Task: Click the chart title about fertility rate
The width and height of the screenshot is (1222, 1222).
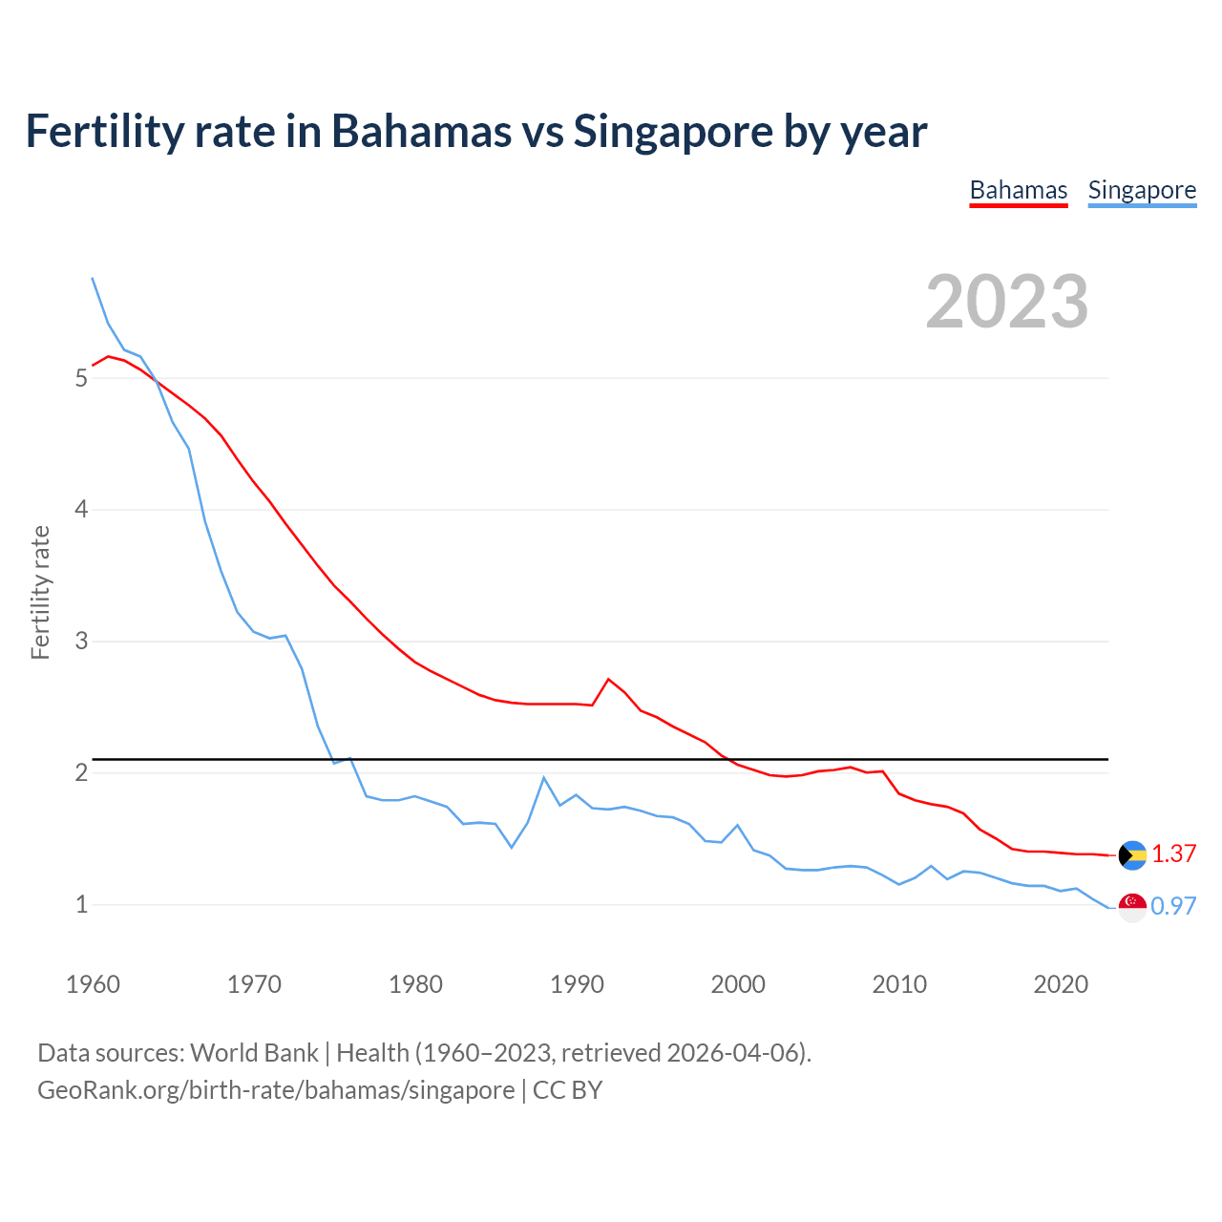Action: pos(475,132)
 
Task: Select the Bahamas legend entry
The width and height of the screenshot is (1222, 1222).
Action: pos(1018,190)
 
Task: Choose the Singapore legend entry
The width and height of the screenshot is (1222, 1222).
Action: pos(1142,190)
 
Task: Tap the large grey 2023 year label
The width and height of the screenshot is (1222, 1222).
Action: pos(1006,302)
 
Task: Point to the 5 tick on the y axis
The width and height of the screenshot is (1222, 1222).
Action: pos(81,378)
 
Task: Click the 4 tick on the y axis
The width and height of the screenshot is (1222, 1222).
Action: pos(81,510)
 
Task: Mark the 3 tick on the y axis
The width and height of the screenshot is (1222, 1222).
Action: pos(81,642)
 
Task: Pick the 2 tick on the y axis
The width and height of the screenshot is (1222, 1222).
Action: pos(81,772)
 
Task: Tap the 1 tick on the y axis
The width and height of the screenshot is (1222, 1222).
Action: pos(81,904)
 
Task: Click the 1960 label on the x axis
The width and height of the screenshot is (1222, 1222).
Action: pos(93,984)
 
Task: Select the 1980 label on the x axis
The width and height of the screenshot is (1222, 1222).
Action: pos(415,984)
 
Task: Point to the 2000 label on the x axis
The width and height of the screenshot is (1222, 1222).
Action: pos(738,984)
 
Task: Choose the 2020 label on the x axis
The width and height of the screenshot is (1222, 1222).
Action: pos(1061,984)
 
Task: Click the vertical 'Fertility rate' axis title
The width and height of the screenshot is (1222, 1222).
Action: pos(40,592)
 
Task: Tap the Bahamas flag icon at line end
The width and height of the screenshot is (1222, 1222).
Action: pos(1132,855)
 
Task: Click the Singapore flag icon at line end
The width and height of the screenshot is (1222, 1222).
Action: pos(1132,907)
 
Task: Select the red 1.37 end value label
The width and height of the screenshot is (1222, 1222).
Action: pos(1173,854)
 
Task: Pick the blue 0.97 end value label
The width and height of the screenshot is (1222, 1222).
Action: pos(1173,907)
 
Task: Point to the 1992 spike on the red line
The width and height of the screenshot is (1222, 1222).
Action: pos(608,679)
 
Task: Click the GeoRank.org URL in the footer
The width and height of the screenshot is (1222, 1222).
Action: pos(276,1090)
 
